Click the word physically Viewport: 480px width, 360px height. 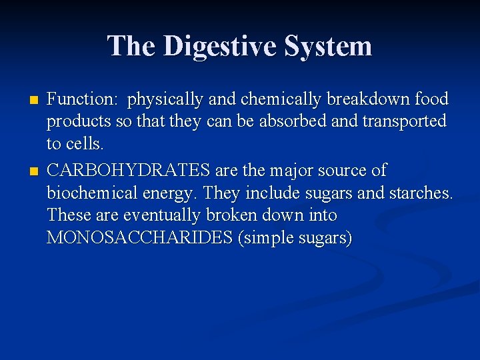(166, 100)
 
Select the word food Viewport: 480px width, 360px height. (431, 100)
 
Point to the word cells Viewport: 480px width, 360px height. (85, 145)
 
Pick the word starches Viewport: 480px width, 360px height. (421, 193)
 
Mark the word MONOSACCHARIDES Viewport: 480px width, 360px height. (139, 238)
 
